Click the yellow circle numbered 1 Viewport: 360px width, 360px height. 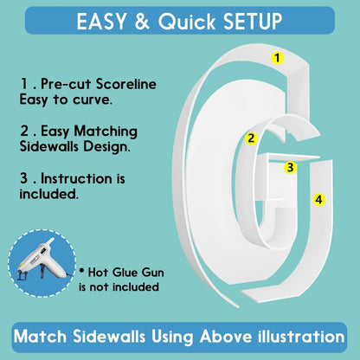point(277,58)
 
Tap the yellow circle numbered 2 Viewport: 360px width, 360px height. point(251,138)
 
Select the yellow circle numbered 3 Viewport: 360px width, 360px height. point(290,167)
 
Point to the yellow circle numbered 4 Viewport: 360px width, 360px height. point(318,199)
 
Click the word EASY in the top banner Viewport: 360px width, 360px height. point(101,22)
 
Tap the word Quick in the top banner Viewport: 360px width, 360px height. point(187,22)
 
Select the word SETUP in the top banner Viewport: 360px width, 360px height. point(253,22)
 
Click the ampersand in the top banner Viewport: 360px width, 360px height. point(142,22)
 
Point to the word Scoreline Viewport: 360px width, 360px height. point(126,84)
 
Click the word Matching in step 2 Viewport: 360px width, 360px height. point(106,132)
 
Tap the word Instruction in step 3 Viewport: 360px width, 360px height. point(77,178)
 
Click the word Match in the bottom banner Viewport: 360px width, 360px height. point(40,337)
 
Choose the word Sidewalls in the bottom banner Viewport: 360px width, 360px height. point(109,337)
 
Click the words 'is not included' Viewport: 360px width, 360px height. point(119,287)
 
